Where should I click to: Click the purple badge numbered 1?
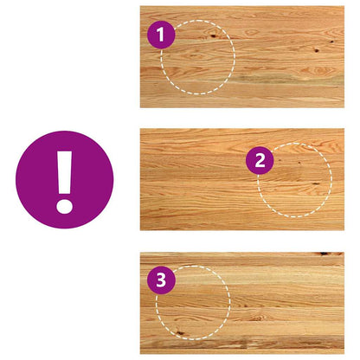click(161, 35)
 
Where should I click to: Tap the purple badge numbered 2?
click(260, 160)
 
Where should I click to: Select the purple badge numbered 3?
click(161, 280)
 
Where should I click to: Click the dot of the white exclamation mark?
click(64, 206)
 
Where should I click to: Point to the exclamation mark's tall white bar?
click(64, 172)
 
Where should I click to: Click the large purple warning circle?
click(64, 180)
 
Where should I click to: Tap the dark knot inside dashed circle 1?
click(213, 36)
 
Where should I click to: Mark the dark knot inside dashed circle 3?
click(180, 333)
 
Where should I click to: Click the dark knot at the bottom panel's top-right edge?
click(324, 254)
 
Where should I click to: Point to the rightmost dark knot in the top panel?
click(332, 42)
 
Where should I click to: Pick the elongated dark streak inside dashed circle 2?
click(316, 183)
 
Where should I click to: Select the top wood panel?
click(242, 57)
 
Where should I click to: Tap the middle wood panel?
click(242, 179)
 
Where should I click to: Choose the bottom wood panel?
click(242, 303)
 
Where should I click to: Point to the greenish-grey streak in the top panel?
click(260, 79)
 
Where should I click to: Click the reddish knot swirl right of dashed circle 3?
click(257, 318)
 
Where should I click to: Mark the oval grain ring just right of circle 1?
click(252, 32)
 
